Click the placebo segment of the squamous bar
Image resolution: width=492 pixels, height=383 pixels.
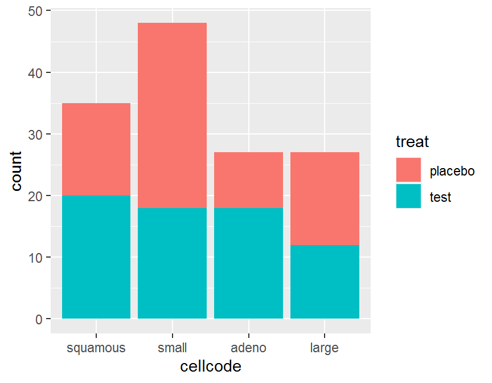pyautogui.click(x=96, y=149)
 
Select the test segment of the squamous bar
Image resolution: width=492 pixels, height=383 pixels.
pyautogui.click(x=96, y=257)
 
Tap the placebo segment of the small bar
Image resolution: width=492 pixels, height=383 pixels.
pyautogui.click(x=172, y=116)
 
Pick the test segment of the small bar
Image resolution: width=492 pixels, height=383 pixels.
pyautogui.click(x=172, y=263)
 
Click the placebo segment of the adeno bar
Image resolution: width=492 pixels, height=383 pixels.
pyautogui.click(x=248, y=180)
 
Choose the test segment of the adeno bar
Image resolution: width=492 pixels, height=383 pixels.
pyautogui.click(x=248, y=263)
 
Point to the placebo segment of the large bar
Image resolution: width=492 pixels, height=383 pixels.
pyautogui.click(x=325, y=198)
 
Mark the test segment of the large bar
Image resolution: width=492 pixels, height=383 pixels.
pyautogui.click(x=325, y=282)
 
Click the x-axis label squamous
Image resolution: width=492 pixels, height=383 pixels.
pyautogui.click(x=96, y=348)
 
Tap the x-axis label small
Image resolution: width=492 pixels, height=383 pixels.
pyautogui.click(x=172, y=348)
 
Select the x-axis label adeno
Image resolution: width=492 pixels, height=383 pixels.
pyautogui.click(x=248, y=348)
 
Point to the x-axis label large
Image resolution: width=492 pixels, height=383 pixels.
pyautogui.click(x=325, y=348)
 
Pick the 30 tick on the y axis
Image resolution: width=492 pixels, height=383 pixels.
pyautogui.click(x=35, y=135)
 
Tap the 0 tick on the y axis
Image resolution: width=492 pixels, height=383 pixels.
pyautogui.click(x=39, y=319)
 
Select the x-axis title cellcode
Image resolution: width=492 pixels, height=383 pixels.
pyautogui.click(x=211, y=366)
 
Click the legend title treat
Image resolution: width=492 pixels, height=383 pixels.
pyautogui.click(x=412, y=141)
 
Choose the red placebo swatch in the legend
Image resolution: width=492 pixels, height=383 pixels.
pyautogui.click(x=409, y=170)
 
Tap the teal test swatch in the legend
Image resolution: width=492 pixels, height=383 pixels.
pyautogui.click(x=409, y=197)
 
